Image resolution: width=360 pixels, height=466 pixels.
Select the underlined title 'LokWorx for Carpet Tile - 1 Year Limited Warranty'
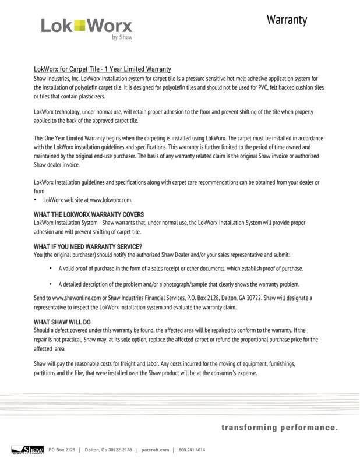pos(102,69)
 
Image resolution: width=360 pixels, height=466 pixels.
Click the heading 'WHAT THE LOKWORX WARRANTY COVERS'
pos(89,215)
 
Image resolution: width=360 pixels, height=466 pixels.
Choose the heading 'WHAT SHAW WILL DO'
pos(62,322)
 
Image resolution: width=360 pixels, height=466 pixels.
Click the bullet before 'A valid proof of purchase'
pos(50,269)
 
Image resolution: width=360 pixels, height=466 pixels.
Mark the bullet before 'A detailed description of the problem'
pos(50,284)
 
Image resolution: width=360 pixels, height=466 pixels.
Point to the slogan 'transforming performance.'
pos(279,429)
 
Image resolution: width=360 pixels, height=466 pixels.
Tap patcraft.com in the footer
pos(155,450)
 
